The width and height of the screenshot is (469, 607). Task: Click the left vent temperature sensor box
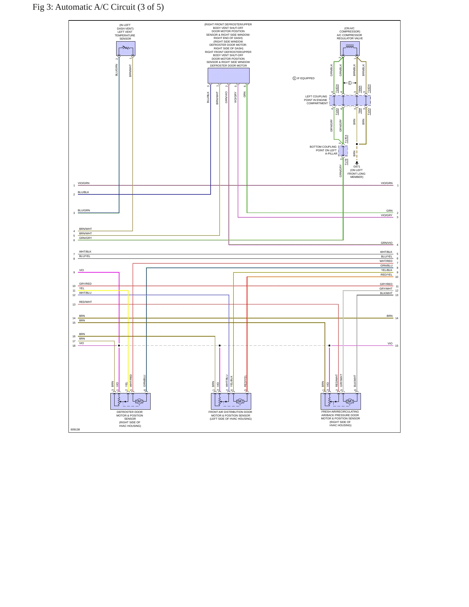pyautogui.click(x=126, y=48)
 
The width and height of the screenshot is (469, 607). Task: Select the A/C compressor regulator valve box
pyautogui.click(x=350, y=48)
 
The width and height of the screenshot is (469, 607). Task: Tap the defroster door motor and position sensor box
pyautogui.click(x=130, y=401)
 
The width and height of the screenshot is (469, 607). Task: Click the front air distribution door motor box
pyautogui.click(x=231, y=401)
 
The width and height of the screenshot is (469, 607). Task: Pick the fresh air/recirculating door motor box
pyautogui.click(x=340, y=401)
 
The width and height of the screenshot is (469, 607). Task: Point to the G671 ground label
pyautogui.click(x=357, y=167)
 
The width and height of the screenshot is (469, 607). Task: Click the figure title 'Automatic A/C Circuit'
pyautogui.click(x=109, y=7)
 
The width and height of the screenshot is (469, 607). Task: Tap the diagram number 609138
pyautogui.click(x=75, y=429)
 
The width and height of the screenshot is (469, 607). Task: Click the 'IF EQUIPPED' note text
pyautogui.click(x=306, y=78)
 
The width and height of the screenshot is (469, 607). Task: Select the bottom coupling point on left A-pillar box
pyautogui.click(x=343, y=151)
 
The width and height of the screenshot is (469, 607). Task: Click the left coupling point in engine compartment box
pyautogui.click(x=350, y=100)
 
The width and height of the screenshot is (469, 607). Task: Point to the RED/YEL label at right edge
pyautogui.click(x=387, y=275)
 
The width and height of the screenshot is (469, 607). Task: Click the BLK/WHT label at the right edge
pyautogui.click(x=386, y=293)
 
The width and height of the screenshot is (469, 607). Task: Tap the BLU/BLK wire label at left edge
pyautogui.click(x=83, y=192)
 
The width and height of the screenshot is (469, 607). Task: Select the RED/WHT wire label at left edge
pyautogui.click(x=85, y=302)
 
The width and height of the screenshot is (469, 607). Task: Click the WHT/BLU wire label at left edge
pyautogui.click(x=85, y=293)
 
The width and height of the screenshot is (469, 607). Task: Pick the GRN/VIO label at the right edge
pyautogui.click(x=387, y=243)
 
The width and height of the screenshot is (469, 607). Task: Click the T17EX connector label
pyautogui.click(x=346, y=139)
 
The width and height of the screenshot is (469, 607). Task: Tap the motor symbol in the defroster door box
pyautogui.click(x=139, y=401)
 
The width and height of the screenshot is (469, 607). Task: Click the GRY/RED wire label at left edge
pyautogui.click(x=85, y=284)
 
